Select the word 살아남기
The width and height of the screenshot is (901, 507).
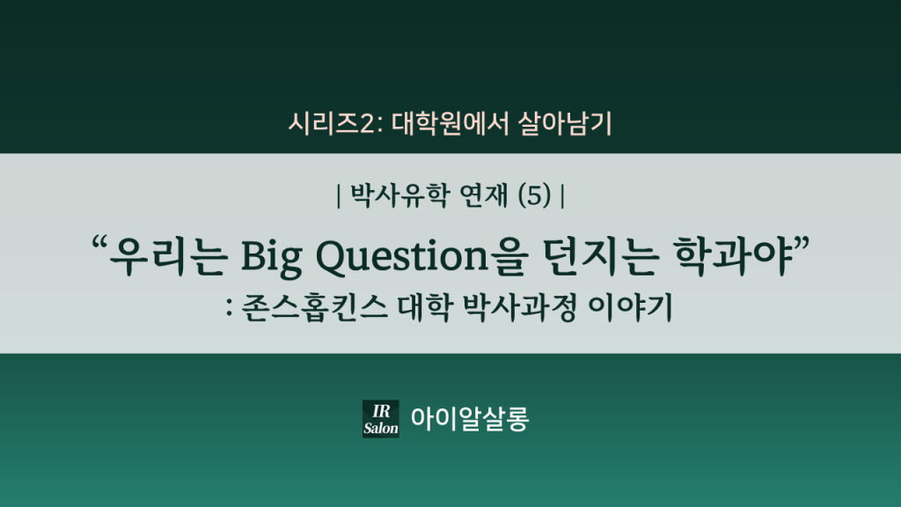[565, 123]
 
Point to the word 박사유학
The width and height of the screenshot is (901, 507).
[400, 195]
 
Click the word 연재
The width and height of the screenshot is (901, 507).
[484, 195]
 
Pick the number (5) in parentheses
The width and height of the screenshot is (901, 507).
[534, 195]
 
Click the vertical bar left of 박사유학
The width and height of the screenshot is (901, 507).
[339, 196]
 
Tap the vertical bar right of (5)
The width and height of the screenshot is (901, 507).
[562, 196]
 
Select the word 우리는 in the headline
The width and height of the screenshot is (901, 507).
[169, 255]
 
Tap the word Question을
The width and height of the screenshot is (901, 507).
[421, 256]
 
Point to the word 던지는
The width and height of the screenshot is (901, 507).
[600, 255]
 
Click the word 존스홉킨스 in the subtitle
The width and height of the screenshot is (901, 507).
[314, 307]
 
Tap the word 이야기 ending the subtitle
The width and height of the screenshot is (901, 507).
[630, 307]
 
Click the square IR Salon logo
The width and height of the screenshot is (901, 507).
[380, 419]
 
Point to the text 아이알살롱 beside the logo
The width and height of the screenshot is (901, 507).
[470, 419]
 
